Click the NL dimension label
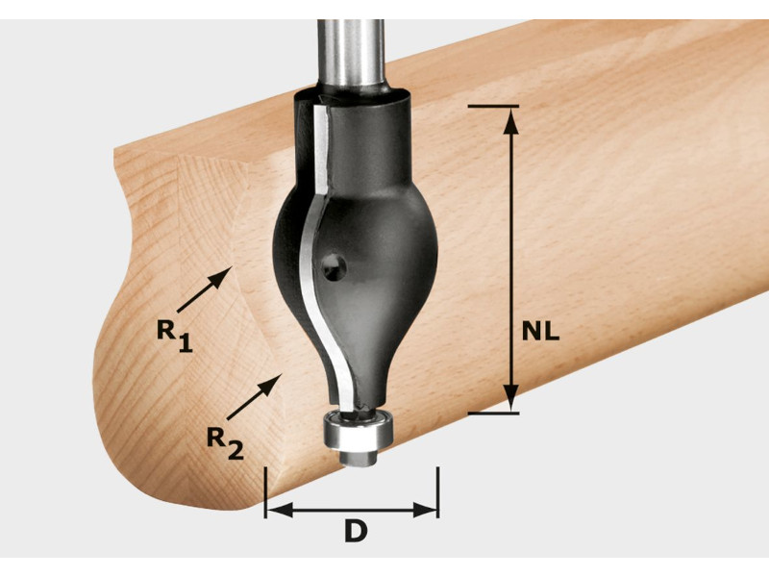tap(540, 332)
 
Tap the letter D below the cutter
tap(356, 532)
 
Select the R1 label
tap(175, 336)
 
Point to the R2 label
tap(225, 443)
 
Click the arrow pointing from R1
tap(205, 289)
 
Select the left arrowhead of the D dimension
tap(280, 510)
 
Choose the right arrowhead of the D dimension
tap(425, 510)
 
